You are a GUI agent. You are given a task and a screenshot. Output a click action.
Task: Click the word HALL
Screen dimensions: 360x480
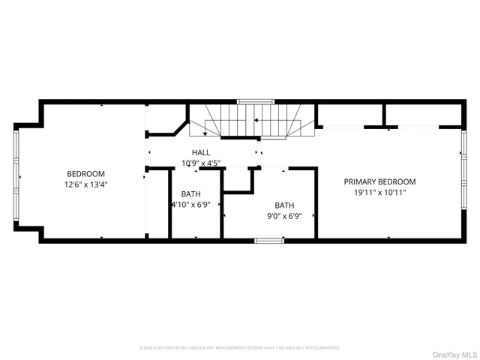[200, 152]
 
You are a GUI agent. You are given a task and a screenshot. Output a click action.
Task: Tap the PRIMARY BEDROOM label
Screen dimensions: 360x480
[379, 181]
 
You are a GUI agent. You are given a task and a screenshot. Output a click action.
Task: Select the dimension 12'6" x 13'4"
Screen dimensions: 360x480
[86, 184]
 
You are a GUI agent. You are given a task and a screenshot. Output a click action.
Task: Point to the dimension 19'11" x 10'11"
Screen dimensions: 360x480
[379, 192]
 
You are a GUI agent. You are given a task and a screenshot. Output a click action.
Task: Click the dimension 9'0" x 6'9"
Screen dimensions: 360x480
[283, 216]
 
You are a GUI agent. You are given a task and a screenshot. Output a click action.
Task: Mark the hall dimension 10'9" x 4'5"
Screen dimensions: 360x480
[200, 163]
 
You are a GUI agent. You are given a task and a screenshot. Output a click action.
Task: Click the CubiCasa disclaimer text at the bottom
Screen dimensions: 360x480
[239, 348]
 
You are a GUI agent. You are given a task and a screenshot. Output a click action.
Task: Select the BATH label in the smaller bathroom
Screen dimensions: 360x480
[190, 193]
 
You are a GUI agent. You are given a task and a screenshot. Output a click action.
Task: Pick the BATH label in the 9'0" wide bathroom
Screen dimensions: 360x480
[284, 205]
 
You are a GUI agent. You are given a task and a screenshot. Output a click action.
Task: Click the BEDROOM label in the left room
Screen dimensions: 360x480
[86, 173]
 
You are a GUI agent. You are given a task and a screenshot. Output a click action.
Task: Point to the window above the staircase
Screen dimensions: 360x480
[255, 101]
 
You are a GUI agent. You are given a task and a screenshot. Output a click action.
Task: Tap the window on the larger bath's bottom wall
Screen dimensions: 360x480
[266, 240]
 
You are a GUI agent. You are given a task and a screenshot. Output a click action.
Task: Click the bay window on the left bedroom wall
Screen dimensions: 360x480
[16, 177]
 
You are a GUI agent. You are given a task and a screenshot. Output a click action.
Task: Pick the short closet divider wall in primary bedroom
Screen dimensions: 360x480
[385, 115]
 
